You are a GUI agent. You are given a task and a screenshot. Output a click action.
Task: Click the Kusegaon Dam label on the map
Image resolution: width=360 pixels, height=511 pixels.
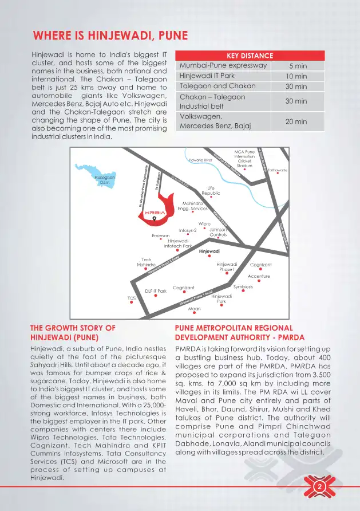[x=104, y=180]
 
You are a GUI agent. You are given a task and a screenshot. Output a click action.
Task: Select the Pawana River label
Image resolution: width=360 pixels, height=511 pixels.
[x=201, y=160]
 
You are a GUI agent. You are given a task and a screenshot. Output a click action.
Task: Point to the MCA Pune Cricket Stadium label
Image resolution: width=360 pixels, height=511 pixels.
[x=244, y=159]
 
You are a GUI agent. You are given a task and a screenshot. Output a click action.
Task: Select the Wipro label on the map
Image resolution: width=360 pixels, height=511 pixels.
[x=204, y=224]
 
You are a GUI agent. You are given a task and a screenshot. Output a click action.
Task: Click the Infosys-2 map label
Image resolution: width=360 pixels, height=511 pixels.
[x=188, y=230]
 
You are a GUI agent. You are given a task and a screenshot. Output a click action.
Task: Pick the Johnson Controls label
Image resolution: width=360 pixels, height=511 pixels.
[x=218, y=232]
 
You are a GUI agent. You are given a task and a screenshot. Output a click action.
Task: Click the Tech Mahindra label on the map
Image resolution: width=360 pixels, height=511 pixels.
[x=147, y=262]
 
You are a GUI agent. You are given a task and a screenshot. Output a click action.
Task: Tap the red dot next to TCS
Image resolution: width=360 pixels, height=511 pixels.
[x=132, y=302]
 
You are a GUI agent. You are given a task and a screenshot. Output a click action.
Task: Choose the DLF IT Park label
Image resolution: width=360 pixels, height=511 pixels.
[x=155, y=291]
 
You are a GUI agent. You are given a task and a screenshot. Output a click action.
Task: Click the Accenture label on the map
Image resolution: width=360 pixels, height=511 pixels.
[x=259, y=276]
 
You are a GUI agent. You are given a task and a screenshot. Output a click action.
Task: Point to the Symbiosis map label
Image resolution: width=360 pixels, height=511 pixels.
[x=243, y=286]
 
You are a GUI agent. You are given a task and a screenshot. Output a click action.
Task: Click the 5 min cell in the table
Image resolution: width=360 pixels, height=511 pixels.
[x=298, y=66]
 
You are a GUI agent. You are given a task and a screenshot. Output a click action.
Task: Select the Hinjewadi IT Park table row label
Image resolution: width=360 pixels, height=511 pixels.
[x=207, y=76]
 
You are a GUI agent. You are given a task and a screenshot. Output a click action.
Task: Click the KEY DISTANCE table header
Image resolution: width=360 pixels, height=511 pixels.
[x=250, y=56]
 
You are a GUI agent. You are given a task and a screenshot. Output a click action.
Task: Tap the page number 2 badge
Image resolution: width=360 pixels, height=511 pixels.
[x=319, y=487]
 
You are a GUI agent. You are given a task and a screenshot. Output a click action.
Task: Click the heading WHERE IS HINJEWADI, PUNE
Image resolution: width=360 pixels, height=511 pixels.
[x=110, y=36]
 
